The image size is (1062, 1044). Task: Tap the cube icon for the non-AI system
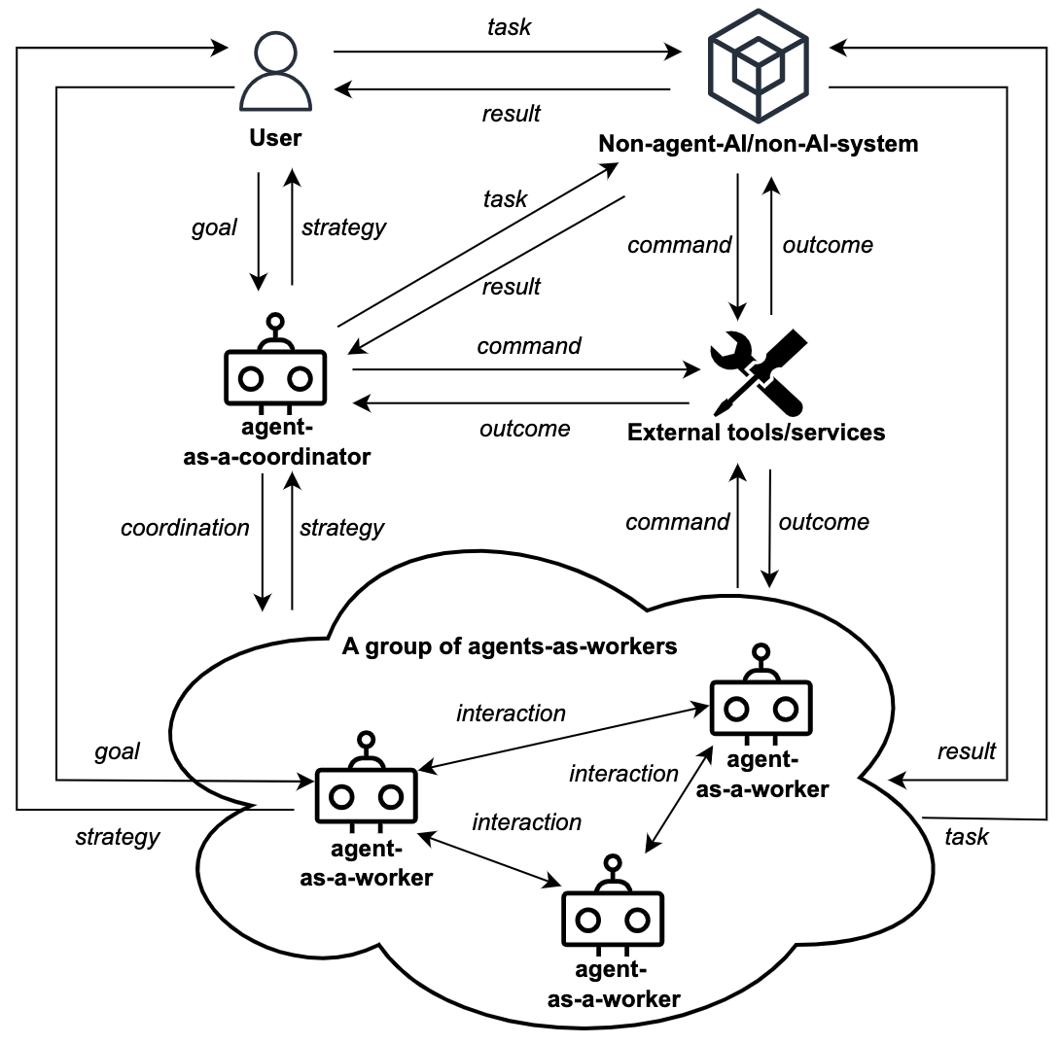coord(758,65)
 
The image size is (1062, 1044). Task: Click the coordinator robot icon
coord(275,363)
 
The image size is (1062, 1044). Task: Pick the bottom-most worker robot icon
coord(613,904)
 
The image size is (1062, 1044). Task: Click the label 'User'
coord(275,137)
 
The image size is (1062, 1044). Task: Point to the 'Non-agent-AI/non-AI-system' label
coord(758,144)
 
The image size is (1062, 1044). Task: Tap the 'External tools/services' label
coord(756,432)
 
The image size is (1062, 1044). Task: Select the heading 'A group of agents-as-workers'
coord(510,646)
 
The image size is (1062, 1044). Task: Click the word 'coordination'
coord(185,528)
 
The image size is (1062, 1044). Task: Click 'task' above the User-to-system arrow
coord(510,27)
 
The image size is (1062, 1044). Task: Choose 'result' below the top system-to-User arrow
coord(511,114)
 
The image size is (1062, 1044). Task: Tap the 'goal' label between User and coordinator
coord(214,227)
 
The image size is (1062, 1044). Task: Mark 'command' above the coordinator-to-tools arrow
coord(529,346)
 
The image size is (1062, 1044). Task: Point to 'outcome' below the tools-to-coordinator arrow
coord(525,429)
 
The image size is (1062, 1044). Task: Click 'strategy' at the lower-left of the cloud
coord(117,838)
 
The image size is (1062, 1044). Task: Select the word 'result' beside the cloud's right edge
coord(967,750)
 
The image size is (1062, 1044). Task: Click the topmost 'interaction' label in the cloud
coord(511,713)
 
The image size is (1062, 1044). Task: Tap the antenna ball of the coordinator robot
coord(275,321)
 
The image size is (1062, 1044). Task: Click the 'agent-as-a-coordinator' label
coord(276,442)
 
